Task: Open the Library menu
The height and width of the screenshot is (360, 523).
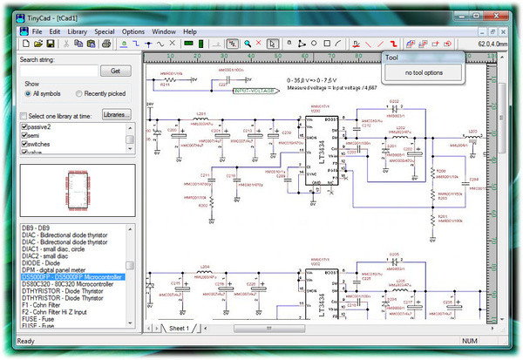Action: click(77, 31)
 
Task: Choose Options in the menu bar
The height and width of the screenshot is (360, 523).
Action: click(133, 31)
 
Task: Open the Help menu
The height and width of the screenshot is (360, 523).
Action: click(189, 31)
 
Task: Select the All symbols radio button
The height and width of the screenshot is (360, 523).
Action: click(28, 93)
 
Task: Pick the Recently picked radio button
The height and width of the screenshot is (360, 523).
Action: click(79, 93)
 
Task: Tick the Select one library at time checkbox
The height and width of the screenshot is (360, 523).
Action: click(24, 115)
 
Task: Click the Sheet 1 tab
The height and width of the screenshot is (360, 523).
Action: click(179, 328)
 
